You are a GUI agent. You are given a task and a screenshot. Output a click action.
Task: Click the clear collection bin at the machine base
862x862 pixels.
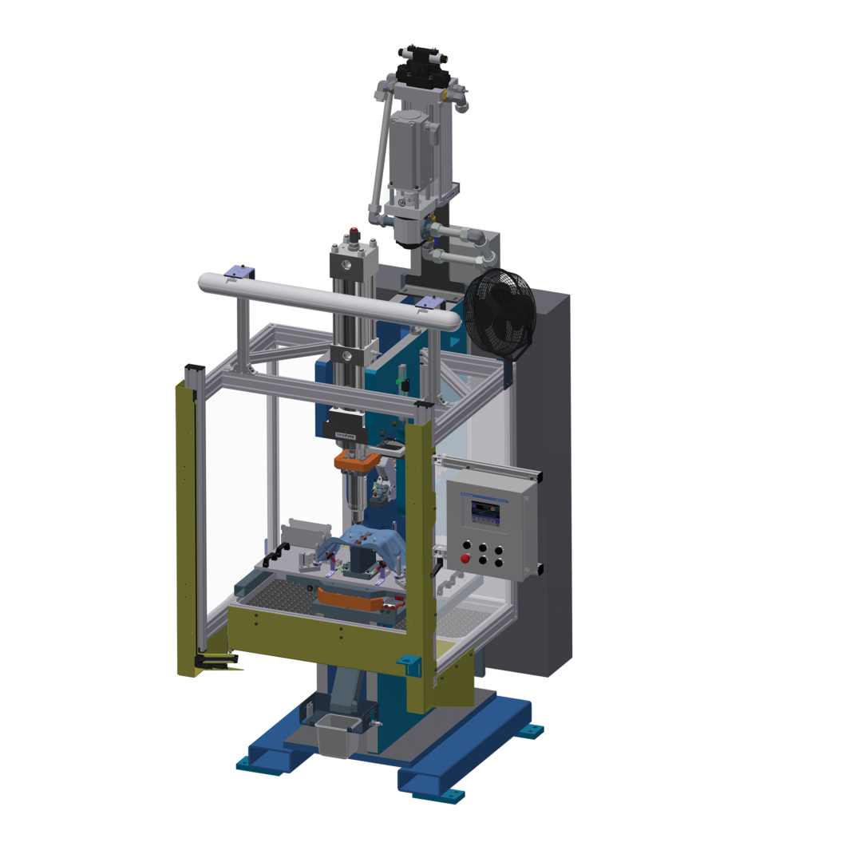335,735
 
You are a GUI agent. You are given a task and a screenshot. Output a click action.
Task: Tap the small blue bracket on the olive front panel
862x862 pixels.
409,663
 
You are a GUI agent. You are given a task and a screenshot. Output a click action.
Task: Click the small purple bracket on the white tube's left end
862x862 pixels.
239,272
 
